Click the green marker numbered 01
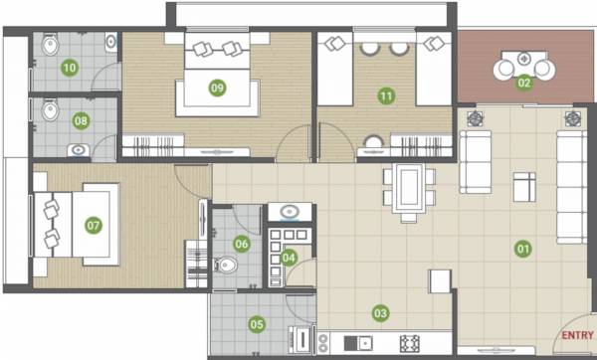pyautogui.click(x=520, y=249)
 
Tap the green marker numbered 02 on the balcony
pyautogui.click(x=523, y=83)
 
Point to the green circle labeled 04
pyautogui.click(x=290, y=257)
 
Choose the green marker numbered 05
pyautogui.click(x=257, y=323)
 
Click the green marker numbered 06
pyautogui.click(x=242, y=244)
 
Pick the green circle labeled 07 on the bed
pyautogui.click(x=94, y=225)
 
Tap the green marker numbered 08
pyautogui.click(x=82, y=121)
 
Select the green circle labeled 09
pyautogui.click(x=217, y=88)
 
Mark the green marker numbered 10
pyautogui.click(x=70, y=68)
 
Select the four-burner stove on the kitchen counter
pyautogui.click(x=408, y=343)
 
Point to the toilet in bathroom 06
pyautogui.click(x=226, y=266)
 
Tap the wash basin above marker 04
pyautogui.click(x=290, y=213)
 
